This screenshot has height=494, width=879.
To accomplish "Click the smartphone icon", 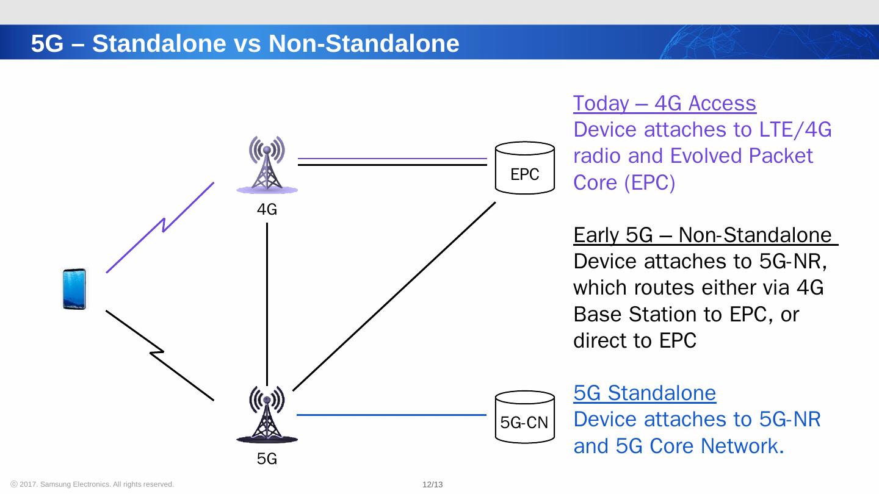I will (74, 289).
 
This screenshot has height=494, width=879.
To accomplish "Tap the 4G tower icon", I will (267, 165).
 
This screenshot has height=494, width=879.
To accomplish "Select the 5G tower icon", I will (267, 413).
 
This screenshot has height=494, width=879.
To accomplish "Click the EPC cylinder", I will (525, 168).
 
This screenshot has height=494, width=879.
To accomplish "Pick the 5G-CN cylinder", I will (525, 416).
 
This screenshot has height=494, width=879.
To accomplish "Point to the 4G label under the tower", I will (267, 210).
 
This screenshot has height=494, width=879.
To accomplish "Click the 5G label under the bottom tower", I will (267, 459).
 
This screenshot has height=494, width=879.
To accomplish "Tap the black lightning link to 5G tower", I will (160, 354).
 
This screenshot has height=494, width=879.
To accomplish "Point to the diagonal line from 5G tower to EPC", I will (394, 296).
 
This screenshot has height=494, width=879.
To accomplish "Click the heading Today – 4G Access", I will (665, 104).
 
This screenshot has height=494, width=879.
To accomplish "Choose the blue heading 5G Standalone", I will (645, 393).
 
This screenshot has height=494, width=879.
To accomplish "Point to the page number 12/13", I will (432, 485).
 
